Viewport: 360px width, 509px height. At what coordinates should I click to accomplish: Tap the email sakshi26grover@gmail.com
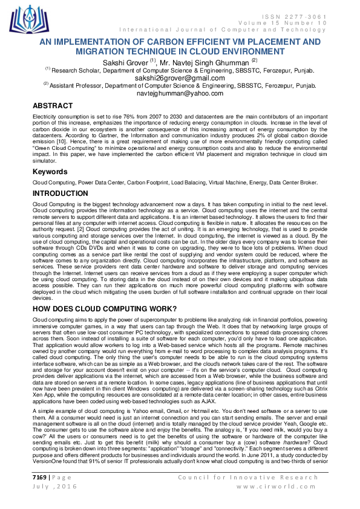(x=180, y=78)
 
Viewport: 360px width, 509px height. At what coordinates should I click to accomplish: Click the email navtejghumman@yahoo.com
(x=180, y=94)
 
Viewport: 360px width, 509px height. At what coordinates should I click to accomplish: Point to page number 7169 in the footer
(x=40, y=478)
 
